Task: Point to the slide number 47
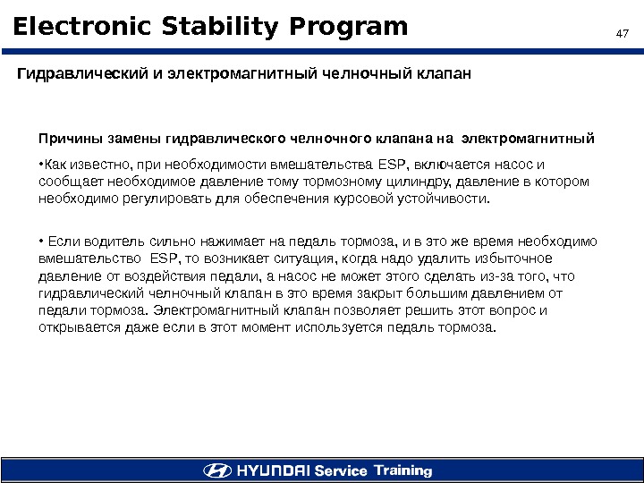623,34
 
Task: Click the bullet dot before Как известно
40,165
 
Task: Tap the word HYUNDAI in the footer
272,470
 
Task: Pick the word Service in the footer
342,470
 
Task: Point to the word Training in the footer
402,470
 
